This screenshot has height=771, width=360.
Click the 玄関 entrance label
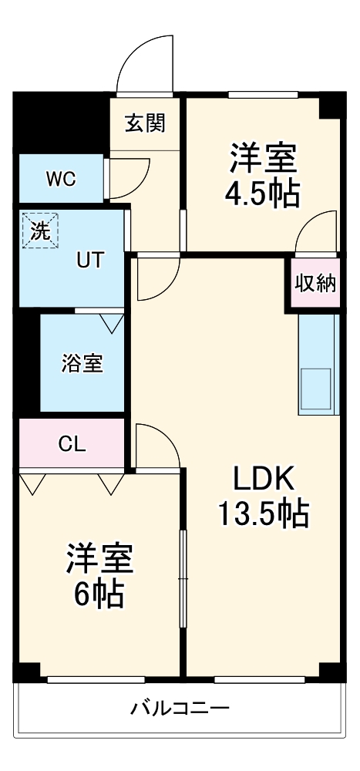[145, 122]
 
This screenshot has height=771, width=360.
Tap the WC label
[59, 179]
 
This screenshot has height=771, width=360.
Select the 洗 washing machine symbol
[39, 231]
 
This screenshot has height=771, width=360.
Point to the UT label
[88, 260]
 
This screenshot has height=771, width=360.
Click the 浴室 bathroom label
[82, 363]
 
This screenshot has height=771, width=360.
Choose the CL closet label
[73, 444]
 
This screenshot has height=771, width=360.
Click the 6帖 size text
[99, 593]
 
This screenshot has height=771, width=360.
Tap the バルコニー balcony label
[179, 707]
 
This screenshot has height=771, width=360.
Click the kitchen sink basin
[317, 389]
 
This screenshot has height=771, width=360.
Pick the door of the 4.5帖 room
[316, 233]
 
